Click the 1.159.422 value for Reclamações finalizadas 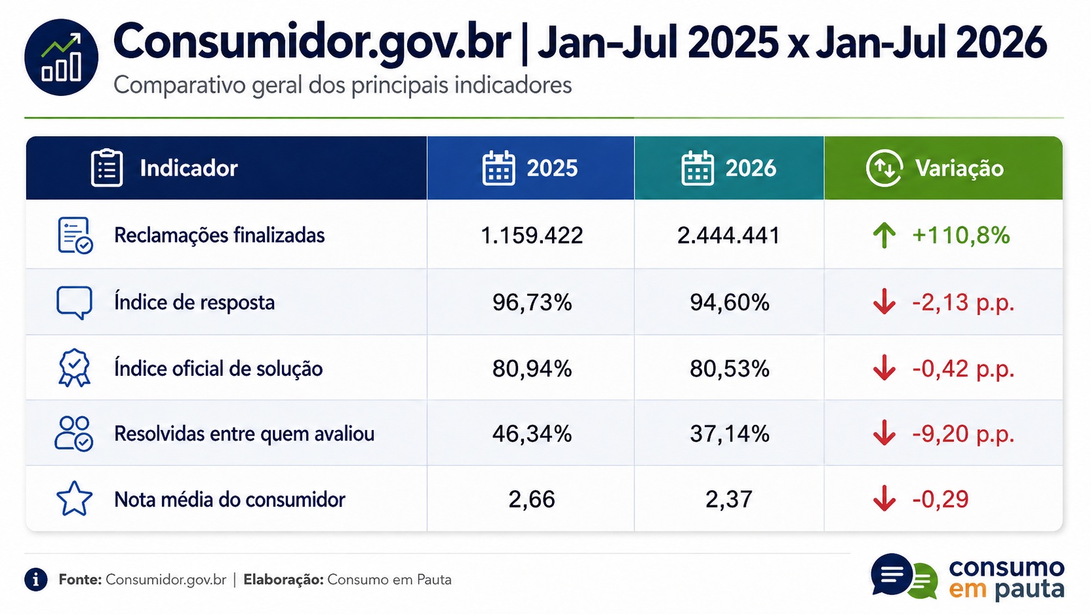click(531, 235)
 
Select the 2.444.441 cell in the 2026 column click(729, 235)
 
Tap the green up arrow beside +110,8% click(884, 235)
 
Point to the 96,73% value click(532, 302)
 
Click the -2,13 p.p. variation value click(963, 302)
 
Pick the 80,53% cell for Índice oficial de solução click(729, 369)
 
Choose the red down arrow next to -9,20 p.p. click(884, 433)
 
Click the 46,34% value click(532, 433)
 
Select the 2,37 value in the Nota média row click(729, 499)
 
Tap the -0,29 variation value click(940, 499)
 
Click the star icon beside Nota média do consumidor click(74, 499)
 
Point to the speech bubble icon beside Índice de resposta click(74, 302)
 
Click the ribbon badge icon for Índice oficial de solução click(74, 367)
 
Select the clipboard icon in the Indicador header click(106, 168)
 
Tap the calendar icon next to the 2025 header click(499, 168)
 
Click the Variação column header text click(959, 168)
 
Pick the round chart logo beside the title click(61, 57)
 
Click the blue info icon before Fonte click(35, 579)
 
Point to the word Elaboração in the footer click(283, 579)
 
